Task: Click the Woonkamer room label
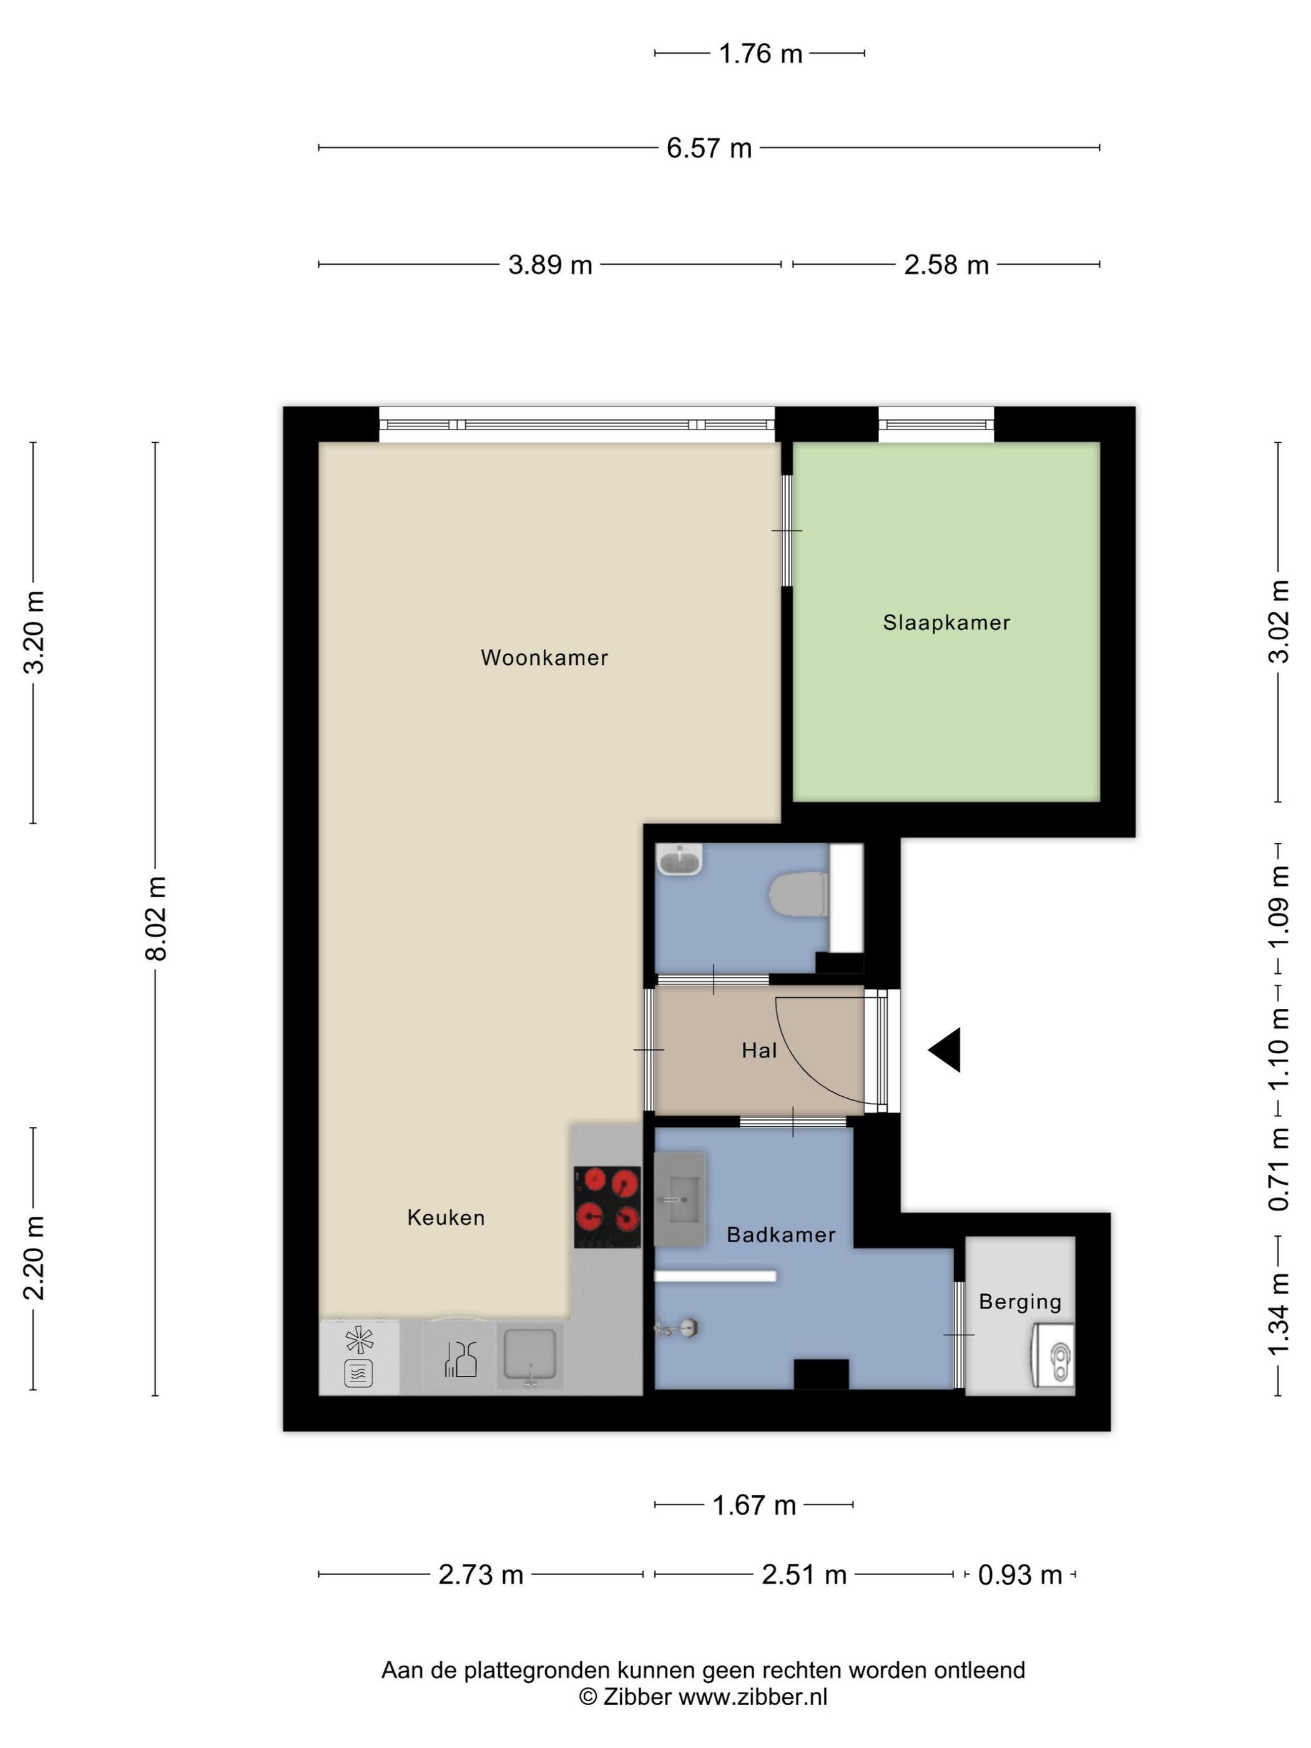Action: coord(544,657)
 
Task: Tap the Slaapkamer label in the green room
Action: coord(946,622)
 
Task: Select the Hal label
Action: coord(759,1050)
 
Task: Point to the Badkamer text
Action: coord(781,1234)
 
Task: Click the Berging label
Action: coord(1019,1302)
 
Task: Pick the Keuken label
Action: coord(446,1217)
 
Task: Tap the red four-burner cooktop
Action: coord(607,1207)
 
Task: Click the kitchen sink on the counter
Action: coord(530,1355)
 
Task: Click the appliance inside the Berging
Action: coord(1053,1355)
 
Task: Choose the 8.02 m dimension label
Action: coord(155,918)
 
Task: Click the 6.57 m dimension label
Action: coord(709,148)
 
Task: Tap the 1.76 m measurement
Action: coord(760,54)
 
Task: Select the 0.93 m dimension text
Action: coord(1019,1575)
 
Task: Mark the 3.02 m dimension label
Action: coord(1279,621)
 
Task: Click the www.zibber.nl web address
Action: coord(752,1697)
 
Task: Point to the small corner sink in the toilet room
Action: coord(679,860)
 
